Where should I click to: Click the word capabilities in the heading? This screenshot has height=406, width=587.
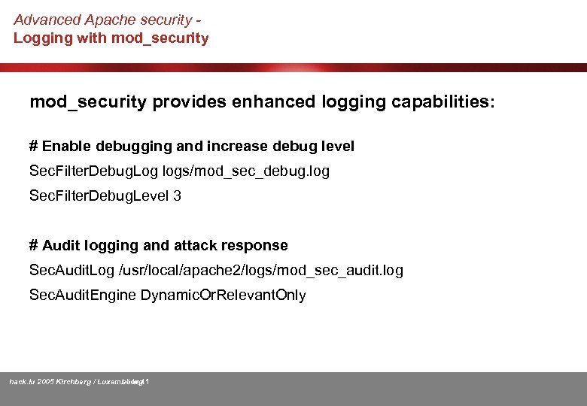click(440, 102)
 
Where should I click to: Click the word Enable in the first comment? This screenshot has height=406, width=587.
click(63, 146)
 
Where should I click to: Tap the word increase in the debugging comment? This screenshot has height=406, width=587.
click(246, 146)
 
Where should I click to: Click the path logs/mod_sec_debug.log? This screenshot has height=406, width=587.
click(245, 171)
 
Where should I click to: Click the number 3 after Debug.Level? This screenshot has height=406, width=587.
click(177, 196)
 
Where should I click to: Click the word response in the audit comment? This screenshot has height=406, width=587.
click(254, 245)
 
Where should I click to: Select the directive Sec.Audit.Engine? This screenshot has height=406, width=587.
click(81, 295)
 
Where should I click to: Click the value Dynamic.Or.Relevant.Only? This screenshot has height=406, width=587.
click(224, 295)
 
